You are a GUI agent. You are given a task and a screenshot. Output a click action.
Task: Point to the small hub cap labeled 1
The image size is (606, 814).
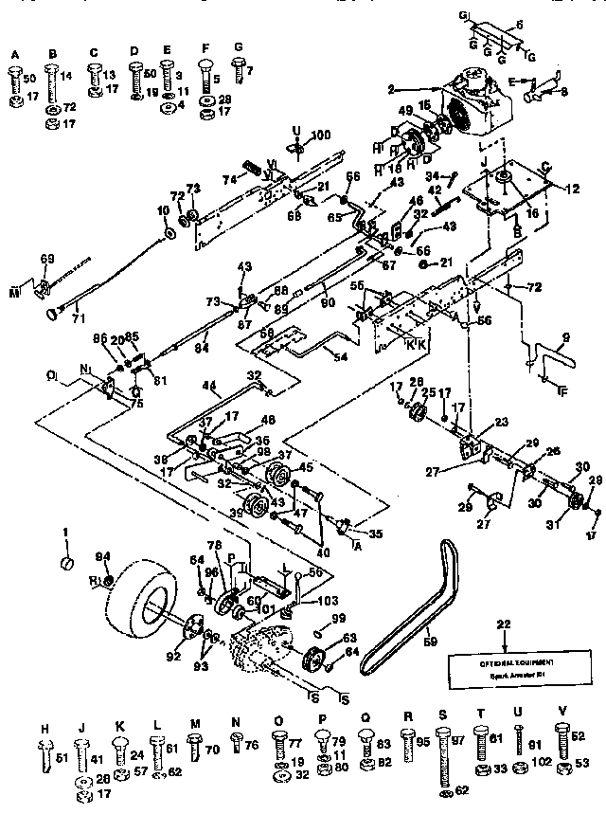[x=67, y=566]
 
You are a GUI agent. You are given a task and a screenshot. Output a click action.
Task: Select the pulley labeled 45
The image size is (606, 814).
[x=280, y=475]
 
